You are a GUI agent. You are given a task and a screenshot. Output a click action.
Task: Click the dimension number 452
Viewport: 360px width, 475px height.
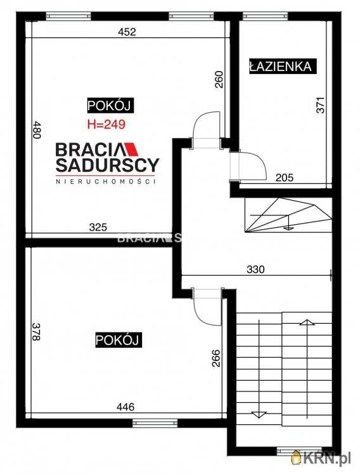pyautogui.click(x=127, y=32)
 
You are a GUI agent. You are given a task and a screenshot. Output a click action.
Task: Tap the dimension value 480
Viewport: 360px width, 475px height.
pyautogui.click(x=36, y=130)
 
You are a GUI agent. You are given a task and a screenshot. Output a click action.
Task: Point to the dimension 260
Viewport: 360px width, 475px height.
pyautogui.click(x=219, y=79)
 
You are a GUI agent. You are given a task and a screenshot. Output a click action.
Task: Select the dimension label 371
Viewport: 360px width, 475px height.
pyautogui.click(x=320, y=104)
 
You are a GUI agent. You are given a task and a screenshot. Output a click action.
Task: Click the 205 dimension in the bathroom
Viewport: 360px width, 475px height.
pyautogui.click(x=285, y=177)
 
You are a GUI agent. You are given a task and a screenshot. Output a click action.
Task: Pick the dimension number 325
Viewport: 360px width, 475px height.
pyautogui.click(x=98, y=227)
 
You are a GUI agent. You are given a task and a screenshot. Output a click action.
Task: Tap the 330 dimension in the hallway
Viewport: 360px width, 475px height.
pyautogui.click(x=255, y=269)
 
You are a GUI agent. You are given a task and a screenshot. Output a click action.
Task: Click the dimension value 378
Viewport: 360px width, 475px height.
pyautogui.click(x=36, y=331)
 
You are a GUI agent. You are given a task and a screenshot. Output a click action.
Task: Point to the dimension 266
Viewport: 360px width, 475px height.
pyautogui.click(x=216, y=358)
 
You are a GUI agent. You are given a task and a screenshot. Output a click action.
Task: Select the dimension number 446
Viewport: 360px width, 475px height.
pyautogui.click(x=125, y=407)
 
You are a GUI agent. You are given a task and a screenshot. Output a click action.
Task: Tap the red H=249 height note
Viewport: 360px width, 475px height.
pyautogui.click(x=106, y=124)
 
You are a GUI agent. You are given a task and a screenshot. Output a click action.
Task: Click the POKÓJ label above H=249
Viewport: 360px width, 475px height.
pyautogui.click(x=109, y=106)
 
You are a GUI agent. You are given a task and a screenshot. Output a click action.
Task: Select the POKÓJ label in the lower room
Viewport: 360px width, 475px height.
pyautogui.click(x=118, y=340)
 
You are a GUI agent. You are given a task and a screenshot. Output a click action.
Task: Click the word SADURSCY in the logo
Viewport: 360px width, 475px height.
pyautogui.click(x=107, y=165)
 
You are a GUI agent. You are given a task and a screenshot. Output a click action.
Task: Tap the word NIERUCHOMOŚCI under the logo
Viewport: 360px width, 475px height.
pyautogui.click(x=106, y=182)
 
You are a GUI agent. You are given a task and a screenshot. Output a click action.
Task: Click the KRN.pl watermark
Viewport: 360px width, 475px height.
pyautogui.click(x=321, y=457)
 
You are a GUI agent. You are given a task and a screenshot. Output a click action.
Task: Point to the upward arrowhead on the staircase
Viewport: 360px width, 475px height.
pyautogui.click(x=307, y=322)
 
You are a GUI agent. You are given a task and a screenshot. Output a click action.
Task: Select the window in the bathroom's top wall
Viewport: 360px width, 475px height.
pyautogui.click(x=265, y=16)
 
